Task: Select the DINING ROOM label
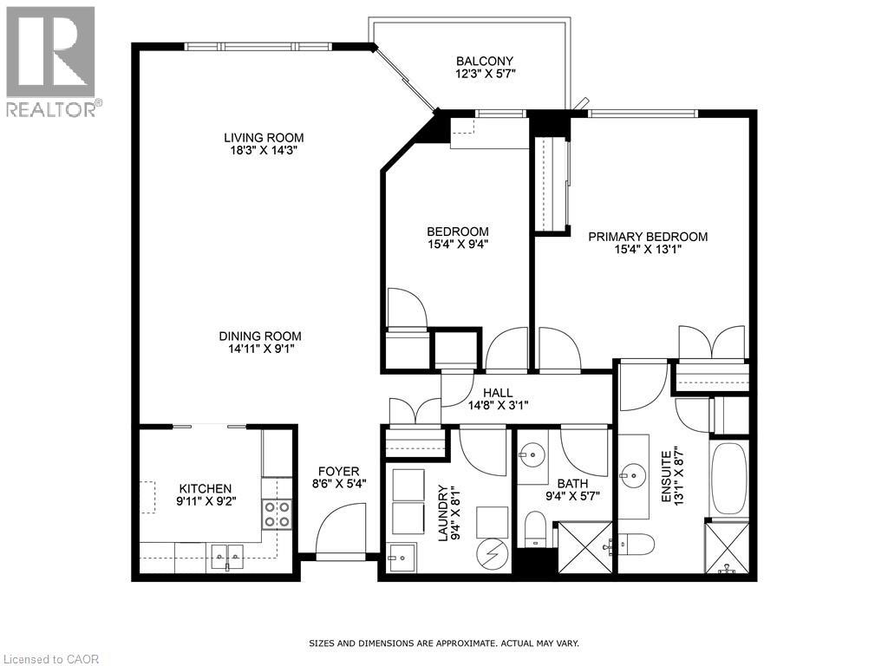tap(259, 336)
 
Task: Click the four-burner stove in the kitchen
tap(277, 514)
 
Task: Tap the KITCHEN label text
tap(206, 488)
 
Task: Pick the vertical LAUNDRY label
tap(443, 513)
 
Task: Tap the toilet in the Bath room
tap(535, 528)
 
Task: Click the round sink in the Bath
tap(531, 454)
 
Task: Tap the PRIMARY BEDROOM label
tap(648, 237)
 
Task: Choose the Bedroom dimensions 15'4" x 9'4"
tap(457, 244)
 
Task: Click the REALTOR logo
tap(51, 61)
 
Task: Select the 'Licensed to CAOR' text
tap(50, 659)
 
